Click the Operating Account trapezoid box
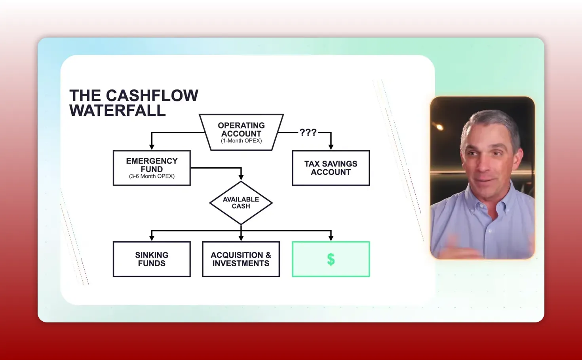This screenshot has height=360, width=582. click(241, 132)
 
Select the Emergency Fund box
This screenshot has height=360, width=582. click(152, 168)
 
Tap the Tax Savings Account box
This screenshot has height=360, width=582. click(331, 168)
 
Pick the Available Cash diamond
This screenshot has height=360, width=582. click(241, 203)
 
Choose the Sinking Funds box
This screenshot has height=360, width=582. click(152, 259)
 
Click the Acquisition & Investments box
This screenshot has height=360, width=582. click(241, 259)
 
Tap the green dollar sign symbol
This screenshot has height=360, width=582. click(331, 260)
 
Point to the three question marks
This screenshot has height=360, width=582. click(308, 133)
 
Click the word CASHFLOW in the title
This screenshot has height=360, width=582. click(152, 96)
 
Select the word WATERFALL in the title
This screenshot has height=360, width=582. click(118, 111)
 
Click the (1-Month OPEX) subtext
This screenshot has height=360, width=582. click(241, 141)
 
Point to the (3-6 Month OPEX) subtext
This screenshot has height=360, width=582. click(152, 176)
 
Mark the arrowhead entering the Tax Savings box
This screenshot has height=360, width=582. click(331, 147)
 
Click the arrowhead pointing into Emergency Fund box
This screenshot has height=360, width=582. click(152, 147)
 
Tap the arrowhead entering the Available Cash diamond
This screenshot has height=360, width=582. click(241, 177)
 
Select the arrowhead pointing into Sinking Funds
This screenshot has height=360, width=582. click(152, 238)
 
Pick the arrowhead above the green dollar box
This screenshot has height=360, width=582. click(331, 238)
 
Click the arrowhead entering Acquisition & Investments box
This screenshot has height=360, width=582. click(241, 238)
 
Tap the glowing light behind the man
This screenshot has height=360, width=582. click(439, 127)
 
